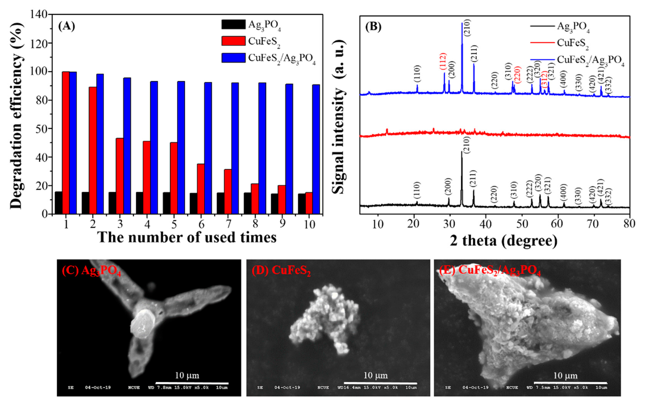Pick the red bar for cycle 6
pos(201,189)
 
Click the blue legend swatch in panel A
pos(233,58)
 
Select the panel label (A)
pos(66,26)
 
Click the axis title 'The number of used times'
pos(187,237)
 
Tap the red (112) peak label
pos(443,62)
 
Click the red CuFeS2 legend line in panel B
pos(542,43)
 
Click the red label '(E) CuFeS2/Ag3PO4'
pos(490,270)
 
